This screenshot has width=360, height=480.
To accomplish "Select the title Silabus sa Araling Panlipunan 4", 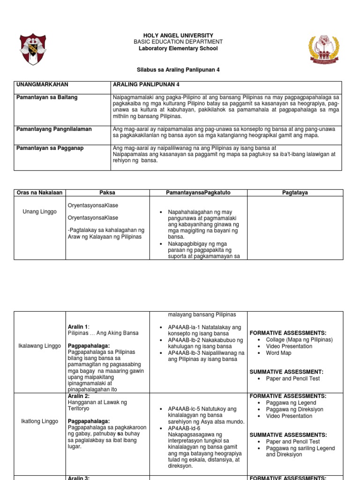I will (178, 69).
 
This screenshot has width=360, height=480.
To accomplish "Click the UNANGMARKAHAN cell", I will (42, 84).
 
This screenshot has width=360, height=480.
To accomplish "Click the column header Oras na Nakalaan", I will (39, 193).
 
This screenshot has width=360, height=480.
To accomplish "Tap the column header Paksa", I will (107, 193).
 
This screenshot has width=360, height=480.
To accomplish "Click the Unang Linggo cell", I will (39, 212).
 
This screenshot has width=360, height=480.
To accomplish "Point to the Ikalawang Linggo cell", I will (40, 346).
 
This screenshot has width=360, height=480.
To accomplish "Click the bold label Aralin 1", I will (78, 327).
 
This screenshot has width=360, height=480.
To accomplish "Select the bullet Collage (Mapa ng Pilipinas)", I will (299, 340).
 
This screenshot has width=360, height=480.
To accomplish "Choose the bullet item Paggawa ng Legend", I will (291, 403).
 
